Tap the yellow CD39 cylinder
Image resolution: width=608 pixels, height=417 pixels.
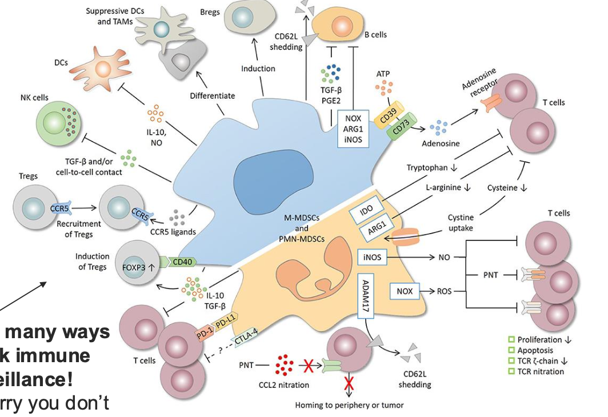click(x=388, y=114)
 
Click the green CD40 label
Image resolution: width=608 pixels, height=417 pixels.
click(x=182, y=262)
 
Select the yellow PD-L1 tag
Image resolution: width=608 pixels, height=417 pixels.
click(x=226, y=321)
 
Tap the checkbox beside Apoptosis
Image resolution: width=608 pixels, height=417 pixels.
click(x=511, y=350)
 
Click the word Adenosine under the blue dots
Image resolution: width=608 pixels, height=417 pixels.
click(x=440, y=143)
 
